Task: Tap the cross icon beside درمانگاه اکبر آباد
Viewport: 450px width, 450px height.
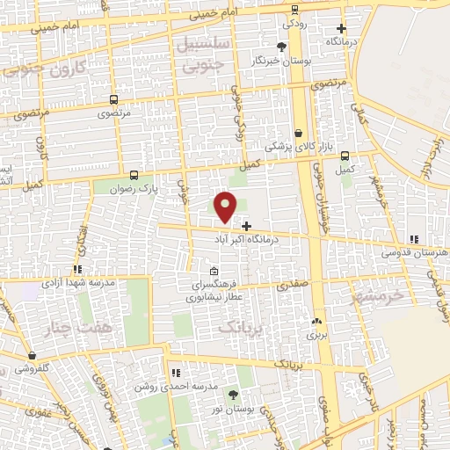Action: tap(245, 226)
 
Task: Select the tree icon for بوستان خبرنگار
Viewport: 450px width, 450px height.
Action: tap(281, 47)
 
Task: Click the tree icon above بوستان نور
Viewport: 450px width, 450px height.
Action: tap(233, 395)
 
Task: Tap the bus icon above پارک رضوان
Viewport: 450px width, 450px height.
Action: tap(134, 175)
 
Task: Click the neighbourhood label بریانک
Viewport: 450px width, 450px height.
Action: tap(237, 327)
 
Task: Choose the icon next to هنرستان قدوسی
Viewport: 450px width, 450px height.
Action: tap(414, 238)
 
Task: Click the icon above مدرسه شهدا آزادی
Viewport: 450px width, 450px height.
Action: tap(77, 269)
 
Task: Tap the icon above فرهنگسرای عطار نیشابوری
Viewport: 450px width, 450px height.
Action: tap(214, 271)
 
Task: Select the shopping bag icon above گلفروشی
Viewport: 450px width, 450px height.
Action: tap(33, 356)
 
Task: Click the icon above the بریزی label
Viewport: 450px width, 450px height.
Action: tap(315, 321)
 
